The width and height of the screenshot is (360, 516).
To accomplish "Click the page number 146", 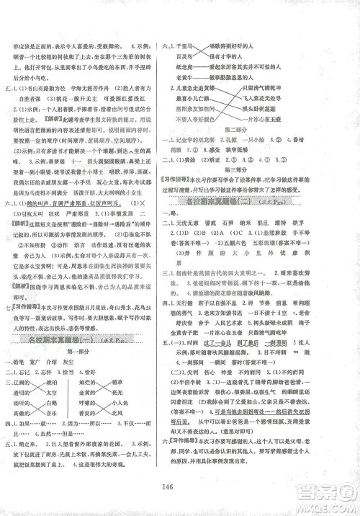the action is pos(180,486).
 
